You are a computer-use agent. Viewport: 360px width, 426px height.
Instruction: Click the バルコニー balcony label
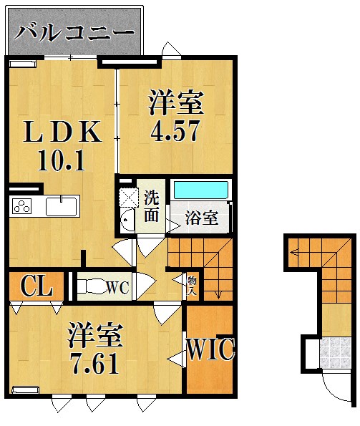pyautogui.click(x=74, y=32)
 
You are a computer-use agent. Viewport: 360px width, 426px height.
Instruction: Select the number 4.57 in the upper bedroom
pyautogui.click(x=175, y=132)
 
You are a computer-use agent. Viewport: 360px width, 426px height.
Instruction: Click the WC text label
pyautogui.click(x=116, y=288)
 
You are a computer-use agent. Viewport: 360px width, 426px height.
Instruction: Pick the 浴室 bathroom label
pyautogui.click(x=202, y=218)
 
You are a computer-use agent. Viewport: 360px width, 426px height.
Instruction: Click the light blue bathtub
pyautogui.click(x=201, y=191)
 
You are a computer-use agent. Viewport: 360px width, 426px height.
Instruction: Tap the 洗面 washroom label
pyautogui.click(x=152, y=204)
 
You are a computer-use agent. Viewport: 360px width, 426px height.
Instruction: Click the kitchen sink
pyautogui.click(x=62, y=207)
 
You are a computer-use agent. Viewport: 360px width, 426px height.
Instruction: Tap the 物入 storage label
pyautogui.click(x=193, y=281)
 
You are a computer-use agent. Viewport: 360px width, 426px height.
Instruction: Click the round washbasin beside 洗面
pyautogui.click(x=127, y=221)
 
